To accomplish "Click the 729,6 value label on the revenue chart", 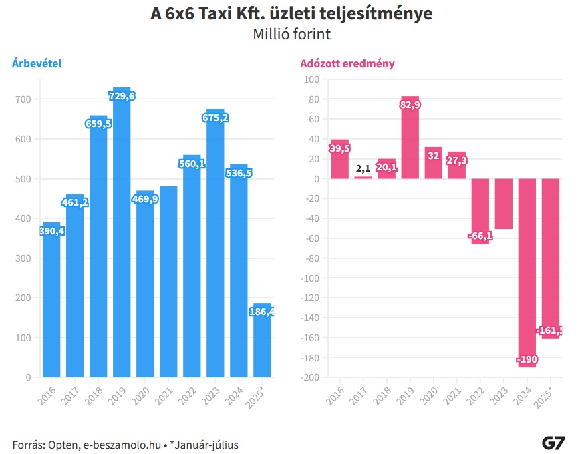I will click(x=122, y=97).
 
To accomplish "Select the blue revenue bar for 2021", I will click(x=168, y=280).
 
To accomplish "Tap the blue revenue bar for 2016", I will click(x=51, y=300).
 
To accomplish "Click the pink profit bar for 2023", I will click(x=504, y=204).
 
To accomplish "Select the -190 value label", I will click(x=527, y=360).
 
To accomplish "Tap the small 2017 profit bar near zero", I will click(x=363, y=177).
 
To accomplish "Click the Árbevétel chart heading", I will click(x=37, y=63).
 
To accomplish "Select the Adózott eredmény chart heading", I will click(x=347, y=63).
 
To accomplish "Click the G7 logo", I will click(x=554, y=443).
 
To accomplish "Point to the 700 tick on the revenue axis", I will click(x=23, y=99).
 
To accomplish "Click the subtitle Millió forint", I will click(x=291, y=34).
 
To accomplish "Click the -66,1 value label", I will click(x=480, y=236).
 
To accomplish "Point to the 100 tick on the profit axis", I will click(x=311, y=79).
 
